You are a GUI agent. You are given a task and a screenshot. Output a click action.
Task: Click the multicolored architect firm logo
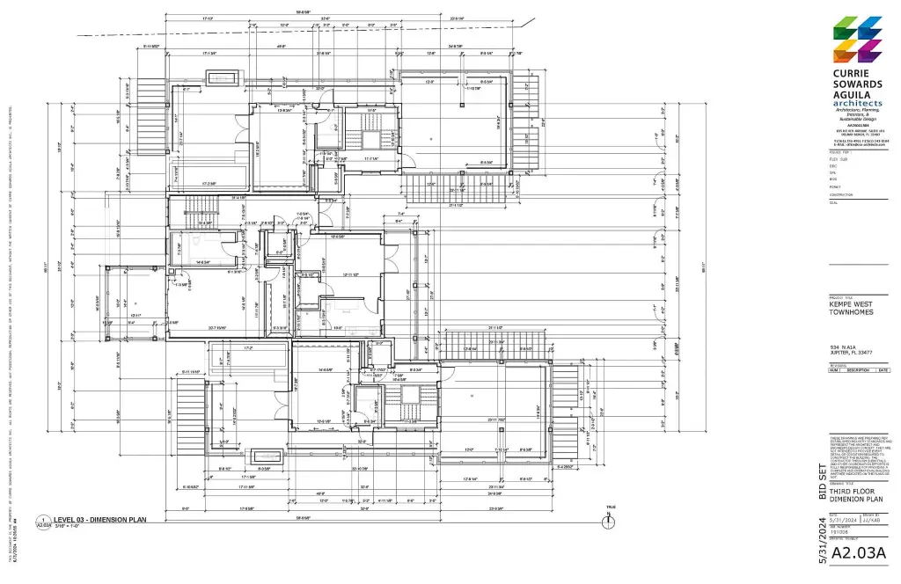pyautogui.click(x=857, y=39)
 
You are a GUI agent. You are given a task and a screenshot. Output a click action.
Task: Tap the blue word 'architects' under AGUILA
pyautogui.click(x=856, y=103)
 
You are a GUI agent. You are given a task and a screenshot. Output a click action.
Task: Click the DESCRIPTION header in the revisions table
pyautogui.click(x=857, y=370)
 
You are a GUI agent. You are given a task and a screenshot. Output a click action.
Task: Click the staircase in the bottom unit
pyautogui.click(x=408, y=413)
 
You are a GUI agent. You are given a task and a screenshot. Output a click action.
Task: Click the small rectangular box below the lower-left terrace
pyautogui.click(x=267, y=456)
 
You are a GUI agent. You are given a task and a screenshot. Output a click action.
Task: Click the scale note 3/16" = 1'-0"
pyautogui.click(x=70, y=527)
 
